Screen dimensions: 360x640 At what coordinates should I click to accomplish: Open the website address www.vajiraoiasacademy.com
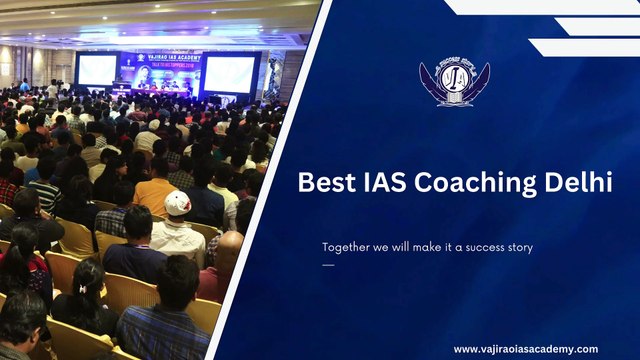tap(525, 349)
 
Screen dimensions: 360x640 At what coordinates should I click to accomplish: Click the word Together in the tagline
tap(348, 247)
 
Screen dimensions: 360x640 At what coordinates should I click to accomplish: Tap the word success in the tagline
tap(482, 247)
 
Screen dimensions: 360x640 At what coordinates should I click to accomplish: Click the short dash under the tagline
tap(328, 265)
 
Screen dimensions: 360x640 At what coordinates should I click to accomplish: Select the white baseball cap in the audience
tap(178, 202)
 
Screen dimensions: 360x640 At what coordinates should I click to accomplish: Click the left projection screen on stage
tap(97, 69)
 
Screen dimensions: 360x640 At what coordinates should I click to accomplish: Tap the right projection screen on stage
tap(229, 73)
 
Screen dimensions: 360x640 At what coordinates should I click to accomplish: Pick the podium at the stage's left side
tap(119, 91)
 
